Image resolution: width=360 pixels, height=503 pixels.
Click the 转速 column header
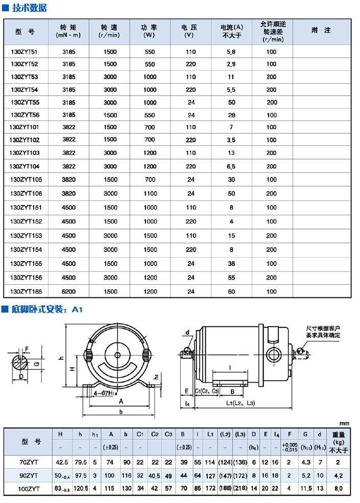pos(109,31)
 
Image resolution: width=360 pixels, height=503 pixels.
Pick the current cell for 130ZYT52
pos(231,64)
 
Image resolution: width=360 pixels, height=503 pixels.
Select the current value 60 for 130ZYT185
pos(231,291)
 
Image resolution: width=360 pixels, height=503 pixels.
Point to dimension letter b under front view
pos(120,411)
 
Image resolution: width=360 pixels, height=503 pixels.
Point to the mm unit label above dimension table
pos(345,423)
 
